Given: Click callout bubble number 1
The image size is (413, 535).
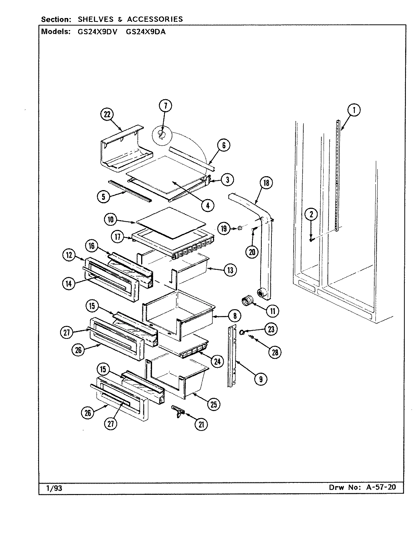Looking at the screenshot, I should (354, 110).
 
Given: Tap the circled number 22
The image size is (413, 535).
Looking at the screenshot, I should (107, 115).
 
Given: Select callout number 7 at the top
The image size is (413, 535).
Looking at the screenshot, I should (165, 106).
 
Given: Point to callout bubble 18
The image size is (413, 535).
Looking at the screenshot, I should (266, 183).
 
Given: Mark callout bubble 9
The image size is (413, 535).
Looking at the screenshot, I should (260, 379).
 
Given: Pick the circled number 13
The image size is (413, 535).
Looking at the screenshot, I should (230, 270).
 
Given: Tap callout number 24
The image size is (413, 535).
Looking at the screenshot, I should (217, 361).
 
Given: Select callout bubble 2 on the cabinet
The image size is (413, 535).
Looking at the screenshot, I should (311, 215).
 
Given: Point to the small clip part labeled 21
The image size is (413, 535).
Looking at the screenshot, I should (178, 411).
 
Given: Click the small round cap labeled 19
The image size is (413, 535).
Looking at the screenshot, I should (238, 228).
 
